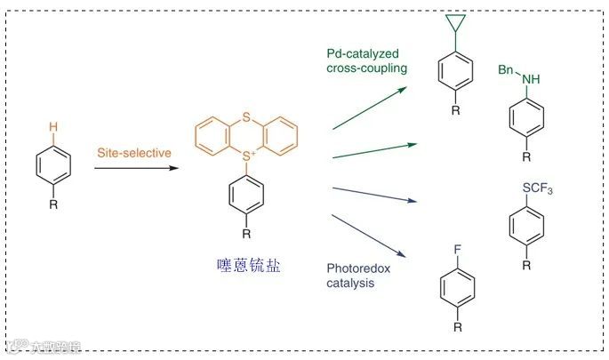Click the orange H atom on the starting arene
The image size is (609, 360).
click(53, 127)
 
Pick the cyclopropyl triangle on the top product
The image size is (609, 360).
click(454, 30)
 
